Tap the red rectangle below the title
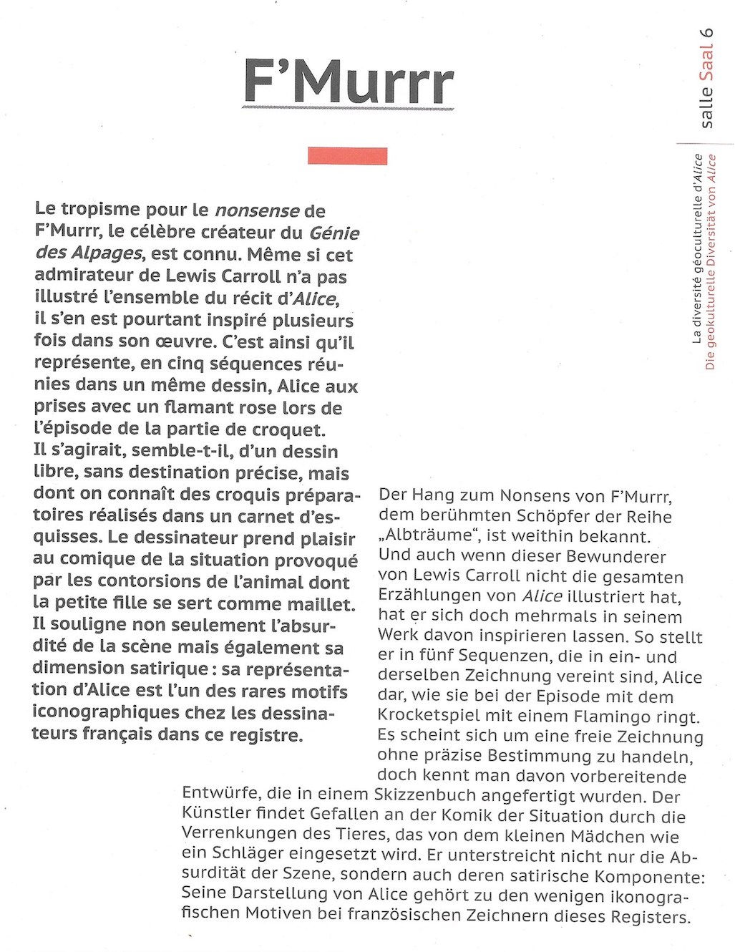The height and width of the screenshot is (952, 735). coord(348,155)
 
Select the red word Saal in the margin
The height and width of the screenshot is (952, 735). coord(706,64)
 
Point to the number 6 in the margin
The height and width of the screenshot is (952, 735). coord(706,33)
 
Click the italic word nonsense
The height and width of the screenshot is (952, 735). coord(257,210)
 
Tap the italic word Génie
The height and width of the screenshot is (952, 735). coord(334,233)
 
